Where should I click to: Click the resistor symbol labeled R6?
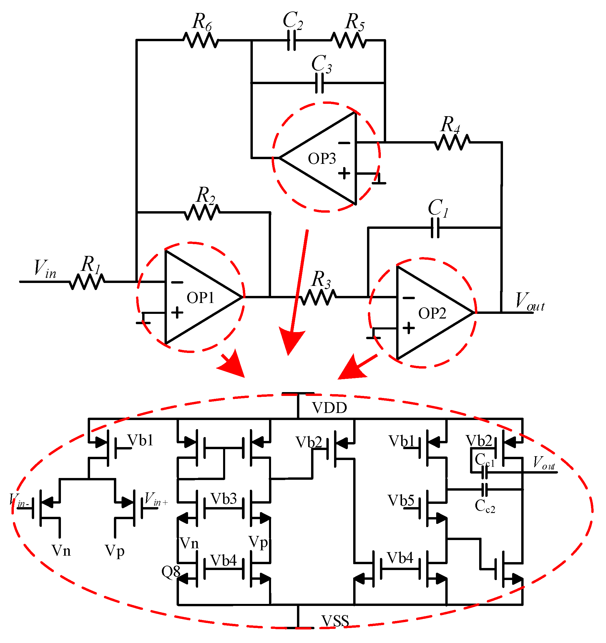(201, 40)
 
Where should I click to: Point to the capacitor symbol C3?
(319, 83)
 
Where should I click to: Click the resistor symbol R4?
(452, 142)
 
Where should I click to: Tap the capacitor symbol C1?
(435, 228)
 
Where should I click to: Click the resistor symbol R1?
(87, 282)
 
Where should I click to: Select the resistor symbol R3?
(318, 297)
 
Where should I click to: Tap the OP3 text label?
(322, 159)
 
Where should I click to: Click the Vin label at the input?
(45, 269)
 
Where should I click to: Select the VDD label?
(329, 408)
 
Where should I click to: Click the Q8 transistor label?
(170, 572)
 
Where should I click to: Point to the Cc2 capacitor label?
(484, 506)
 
